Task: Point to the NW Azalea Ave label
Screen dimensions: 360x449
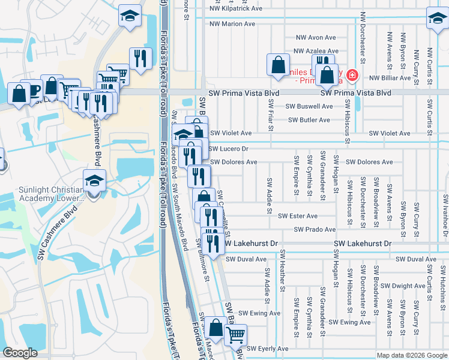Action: click(315, 53)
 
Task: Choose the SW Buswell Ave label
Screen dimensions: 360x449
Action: click(309, 106)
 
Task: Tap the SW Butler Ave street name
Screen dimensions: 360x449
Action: click(309, 120)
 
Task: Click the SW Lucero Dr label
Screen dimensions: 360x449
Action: click(228, 148)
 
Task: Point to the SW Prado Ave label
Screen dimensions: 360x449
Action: click(315, 230)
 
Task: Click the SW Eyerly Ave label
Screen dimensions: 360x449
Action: click(268, 349)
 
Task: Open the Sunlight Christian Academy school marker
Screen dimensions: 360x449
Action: click(94, 180)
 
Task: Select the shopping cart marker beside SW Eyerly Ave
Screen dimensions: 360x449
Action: click(236, 334)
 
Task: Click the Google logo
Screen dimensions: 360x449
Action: click(20, 353)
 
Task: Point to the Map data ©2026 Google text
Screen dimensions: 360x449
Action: click(412, 355)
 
